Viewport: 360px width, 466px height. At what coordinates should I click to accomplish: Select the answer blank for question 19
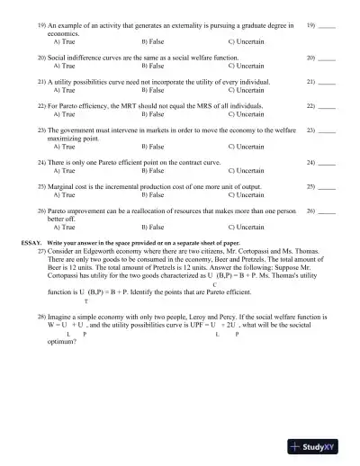point(328,29)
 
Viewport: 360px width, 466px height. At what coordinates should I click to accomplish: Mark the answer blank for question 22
point(328,106)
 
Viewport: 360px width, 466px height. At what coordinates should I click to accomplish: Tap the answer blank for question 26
point(328,212)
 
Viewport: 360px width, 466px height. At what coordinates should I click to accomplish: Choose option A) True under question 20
point(64,66)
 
